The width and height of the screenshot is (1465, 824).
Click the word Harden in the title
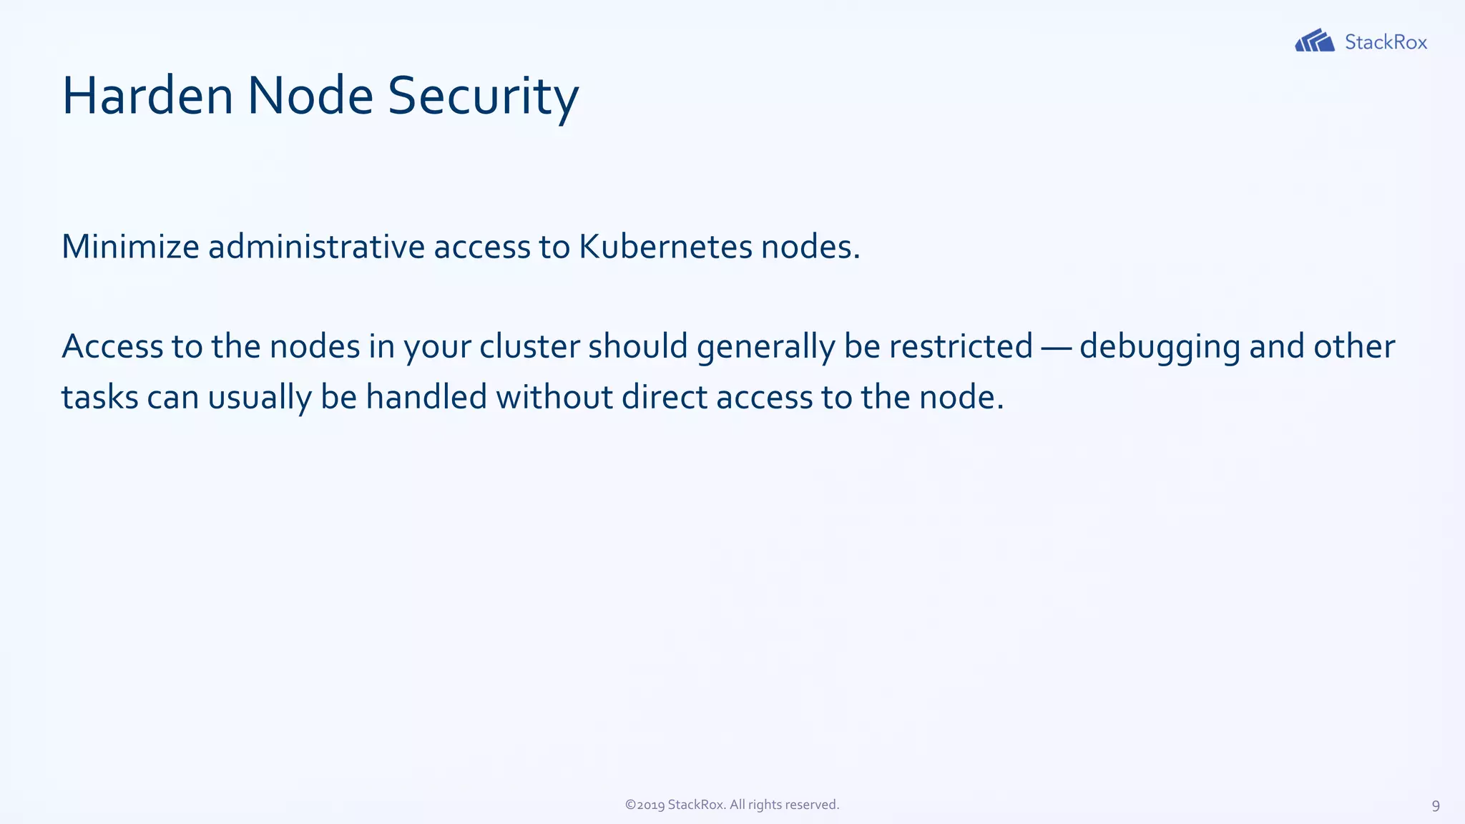click(x=147, y=96)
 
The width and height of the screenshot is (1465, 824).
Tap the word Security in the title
click(x=483, y=96)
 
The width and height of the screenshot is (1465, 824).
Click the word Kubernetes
click(x=665, y=247)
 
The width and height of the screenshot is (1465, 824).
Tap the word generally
click(x=765, y=348)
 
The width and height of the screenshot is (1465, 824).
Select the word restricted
click(x=961, y=346)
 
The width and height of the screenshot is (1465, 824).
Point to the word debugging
click(x=1160, y=348)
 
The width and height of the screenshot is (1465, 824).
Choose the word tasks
click(x=99, y=398)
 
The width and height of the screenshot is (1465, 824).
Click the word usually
click(x=260, y=398)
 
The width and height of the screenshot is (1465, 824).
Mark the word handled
click(x=426, y=397)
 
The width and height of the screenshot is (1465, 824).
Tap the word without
click(x=554, y=397)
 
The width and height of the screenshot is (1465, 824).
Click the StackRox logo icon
click(x=1314, y=41)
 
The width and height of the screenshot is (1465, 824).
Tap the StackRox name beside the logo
click(x=1386, y=42)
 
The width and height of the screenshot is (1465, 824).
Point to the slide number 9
click(x=1435, y=806)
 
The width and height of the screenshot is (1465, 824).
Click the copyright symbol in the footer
click(x=630, y=805)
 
